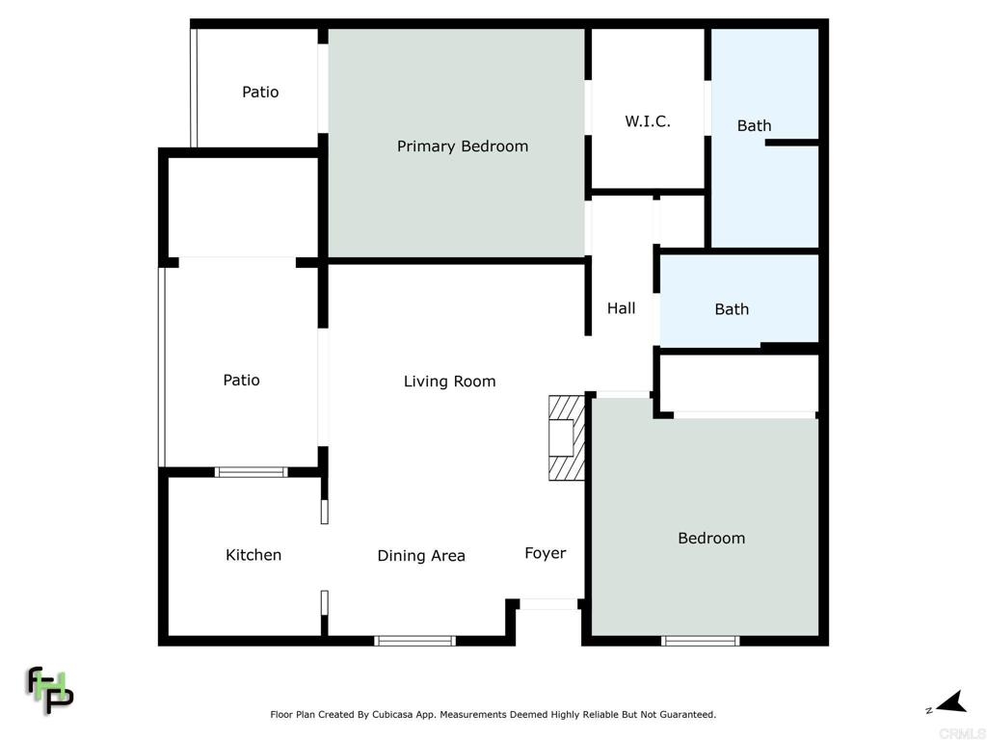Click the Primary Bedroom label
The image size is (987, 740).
[x=463, y=146]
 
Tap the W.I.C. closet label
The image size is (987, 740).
[x=648, y=120]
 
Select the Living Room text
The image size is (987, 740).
[x=449, y=382]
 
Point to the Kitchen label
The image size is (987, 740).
[x=253, y=555]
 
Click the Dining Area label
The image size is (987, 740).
[x=421, y=556]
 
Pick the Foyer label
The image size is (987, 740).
[x=546, y=553]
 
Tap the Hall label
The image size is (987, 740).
[x=622, y=308]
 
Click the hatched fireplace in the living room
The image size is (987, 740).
[x=567, y=438]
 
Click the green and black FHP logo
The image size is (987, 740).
[x=49, y=690]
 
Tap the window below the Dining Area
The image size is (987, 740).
[x=414, y=641]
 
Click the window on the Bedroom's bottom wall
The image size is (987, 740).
[x=701, y=641]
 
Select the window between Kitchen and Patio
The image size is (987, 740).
[x=252, y=472]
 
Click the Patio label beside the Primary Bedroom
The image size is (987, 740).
[x=260, y=92]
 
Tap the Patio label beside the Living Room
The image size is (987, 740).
[x=241, y=380]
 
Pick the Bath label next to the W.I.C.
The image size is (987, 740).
[x=754, y=126]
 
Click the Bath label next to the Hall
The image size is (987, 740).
[x=732, y=309]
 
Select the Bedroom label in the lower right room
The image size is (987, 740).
[x=711, y=538]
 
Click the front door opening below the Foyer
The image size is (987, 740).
[x=548, y=604]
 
